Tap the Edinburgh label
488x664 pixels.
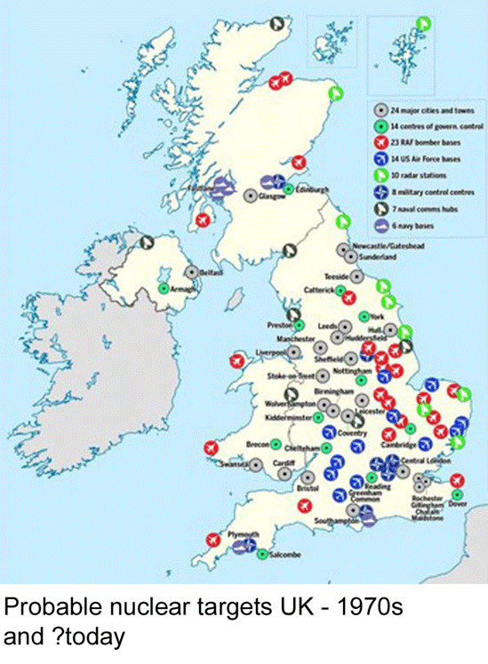312,190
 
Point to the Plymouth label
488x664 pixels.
243,534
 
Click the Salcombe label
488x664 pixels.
284,556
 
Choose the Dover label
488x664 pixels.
458,504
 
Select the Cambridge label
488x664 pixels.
398,445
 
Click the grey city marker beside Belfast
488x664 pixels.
191,273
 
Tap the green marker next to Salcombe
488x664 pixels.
263,556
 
